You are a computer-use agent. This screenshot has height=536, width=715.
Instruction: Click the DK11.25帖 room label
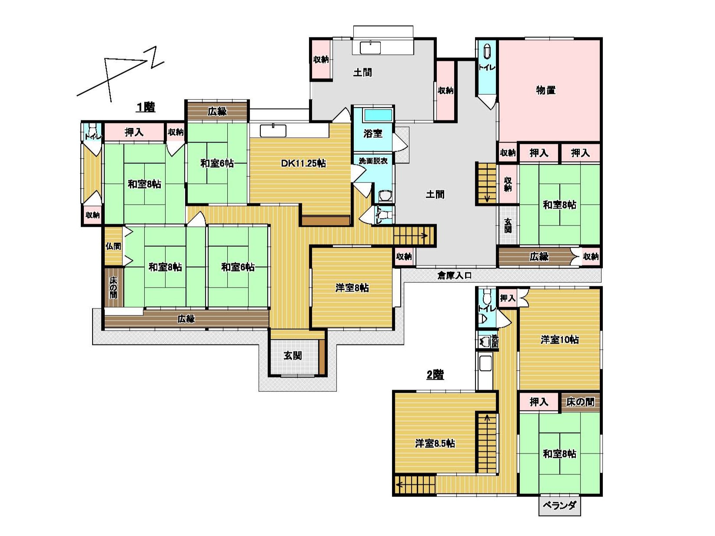pyautogui.click(x=303, y=163)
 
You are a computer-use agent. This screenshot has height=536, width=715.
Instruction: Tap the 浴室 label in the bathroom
pyautogui.click(x=372, y=133)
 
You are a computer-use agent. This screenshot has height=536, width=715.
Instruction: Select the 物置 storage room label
pyautogui.click(x=546, y=90)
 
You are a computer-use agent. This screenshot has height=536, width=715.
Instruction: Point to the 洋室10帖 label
pyautogui.click(x=560, y=340)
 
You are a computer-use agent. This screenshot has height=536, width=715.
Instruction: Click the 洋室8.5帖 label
pyautogui.click(x=435, y=443)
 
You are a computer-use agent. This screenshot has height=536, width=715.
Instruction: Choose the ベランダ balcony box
pyautogui.click(x=560, y=506)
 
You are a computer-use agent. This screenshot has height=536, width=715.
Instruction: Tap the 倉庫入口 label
pyautogui.click(x=454, y=276)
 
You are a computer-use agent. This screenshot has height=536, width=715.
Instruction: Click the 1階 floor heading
pyautogui.click(x=146, y=107)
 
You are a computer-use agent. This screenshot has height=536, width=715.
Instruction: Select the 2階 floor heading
pyautogui.click(x=435, y=375)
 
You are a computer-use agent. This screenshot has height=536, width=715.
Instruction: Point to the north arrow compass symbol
pyautogui.click(x=120, y=75)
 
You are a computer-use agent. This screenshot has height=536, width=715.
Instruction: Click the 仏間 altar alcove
pyautogui.click(x=113, y=246)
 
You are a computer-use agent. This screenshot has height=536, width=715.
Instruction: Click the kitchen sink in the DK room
pyautogui.click(x=273, y=131)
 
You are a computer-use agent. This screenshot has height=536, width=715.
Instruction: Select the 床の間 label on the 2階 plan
pyautogui.click(x=580, y=402)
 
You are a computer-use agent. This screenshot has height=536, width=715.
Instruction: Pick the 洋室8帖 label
pyautogui.click(x=352, y=288)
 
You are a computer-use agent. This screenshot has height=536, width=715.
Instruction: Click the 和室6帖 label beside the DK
pyautogui.click(x=217, y=163)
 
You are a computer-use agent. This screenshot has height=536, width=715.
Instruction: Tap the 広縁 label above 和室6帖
pyautogui.click(x=217, y=112)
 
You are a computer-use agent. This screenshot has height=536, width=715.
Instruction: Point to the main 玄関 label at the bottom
pyautogui.click(x=293, y=356)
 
